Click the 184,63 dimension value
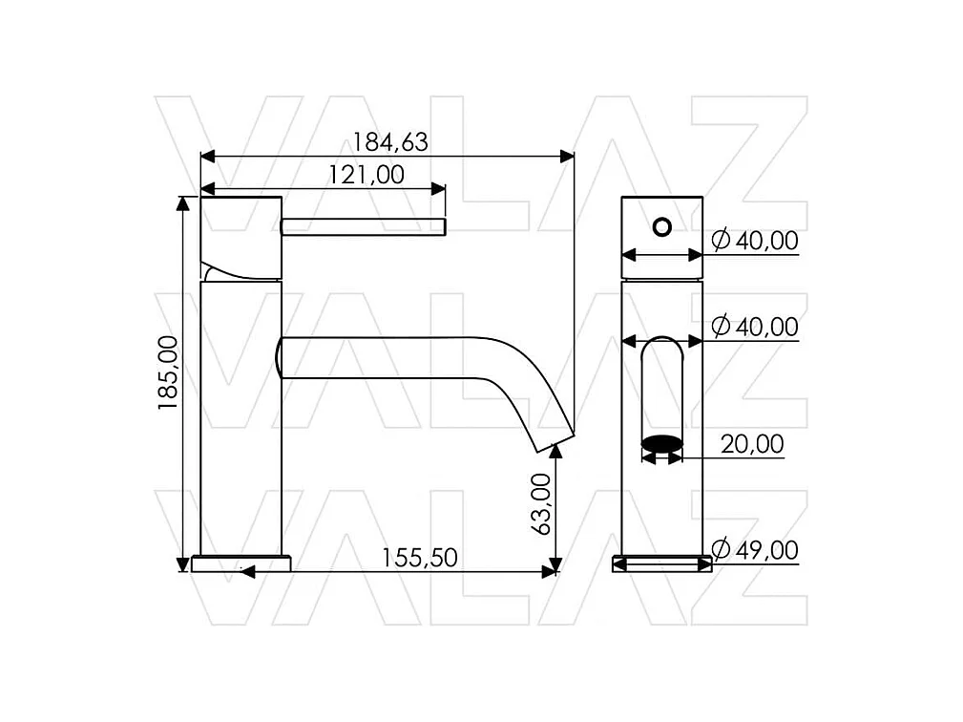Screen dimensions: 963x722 pyautogui.click(x=390, y=142)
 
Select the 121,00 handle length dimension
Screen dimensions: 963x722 pyautogui.click(x=366, y=175)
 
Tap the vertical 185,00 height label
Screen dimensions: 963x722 pyautogui.click(x=168, y=373)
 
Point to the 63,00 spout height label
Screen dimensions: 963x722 pyautogui.click(x=540, y=504)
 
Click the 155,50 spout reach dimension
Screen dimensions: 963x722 pyautogui.click(x=420, y=558)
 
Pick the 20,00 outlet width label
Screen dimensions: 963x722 pyautogui.click(x=752, y=444)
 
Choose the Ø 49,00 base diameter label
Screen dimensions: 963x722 pyautogui.click(x=755, y=549)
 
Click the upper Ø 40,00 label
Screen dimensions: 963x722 pyautogui.click(x=755, y=241)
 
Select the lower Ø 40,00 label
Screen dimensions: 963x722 pyautogui.click(x=755, y=327)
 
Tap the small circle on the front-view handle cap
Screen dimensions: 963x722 pyautogui.click(x=662, y=226)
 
